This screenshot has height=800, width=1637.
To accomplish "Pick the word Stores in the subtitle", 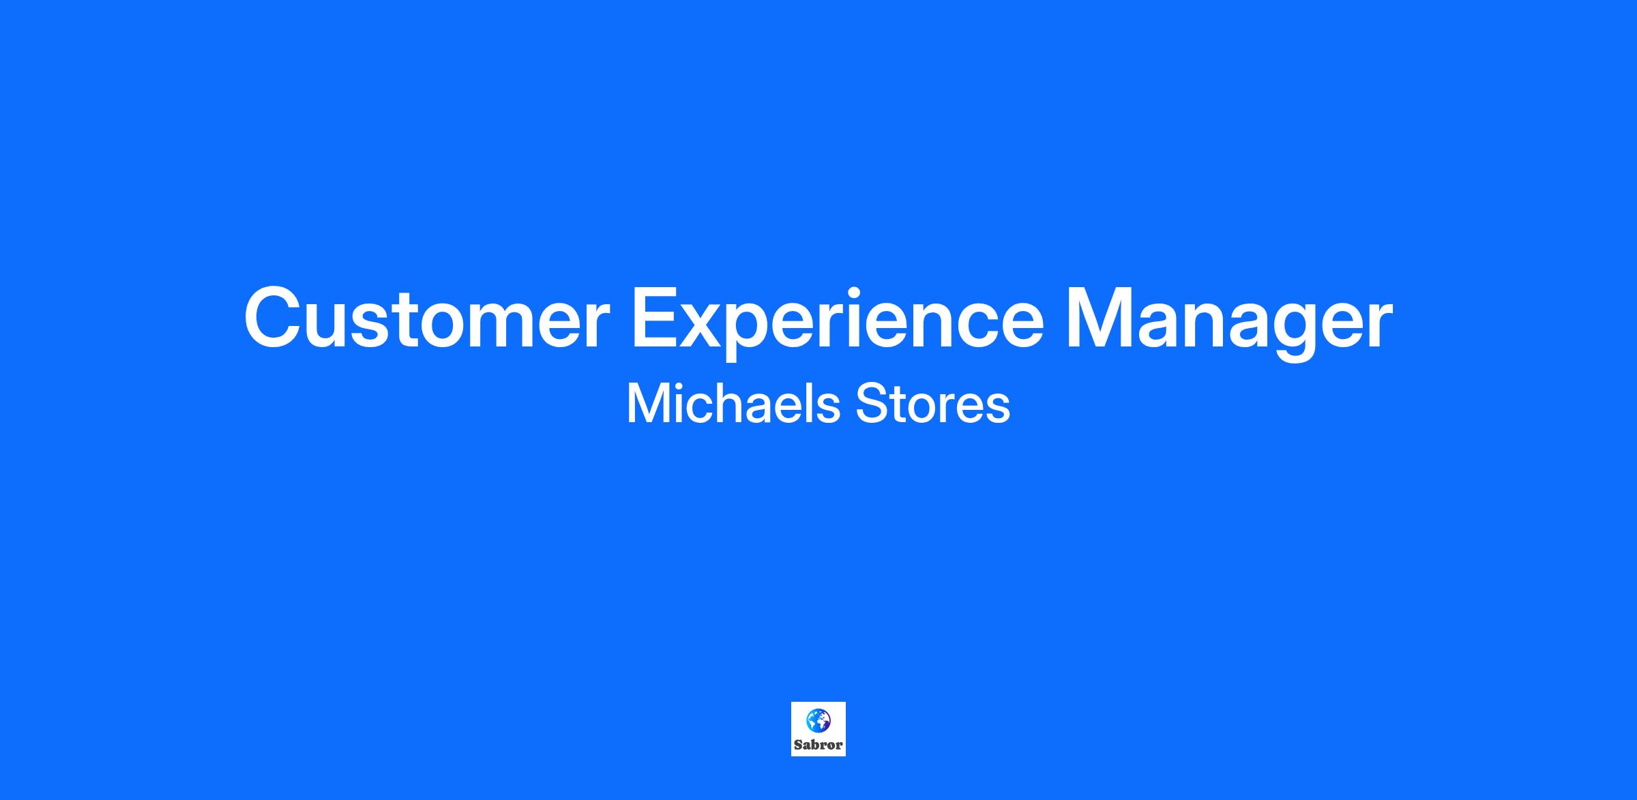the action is [x=933, y=404].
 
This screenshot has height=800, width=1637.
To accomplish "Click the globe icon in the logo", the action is [x=818, y=720].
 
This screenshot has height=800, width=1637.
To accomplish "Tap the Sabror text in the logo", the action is [x=818, y=745].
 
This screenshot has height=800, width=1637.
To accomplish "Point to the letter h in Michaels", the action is [x=736, y=403].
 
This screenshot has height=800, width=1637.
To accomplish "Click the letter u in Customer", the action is [x=334, y=326].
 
